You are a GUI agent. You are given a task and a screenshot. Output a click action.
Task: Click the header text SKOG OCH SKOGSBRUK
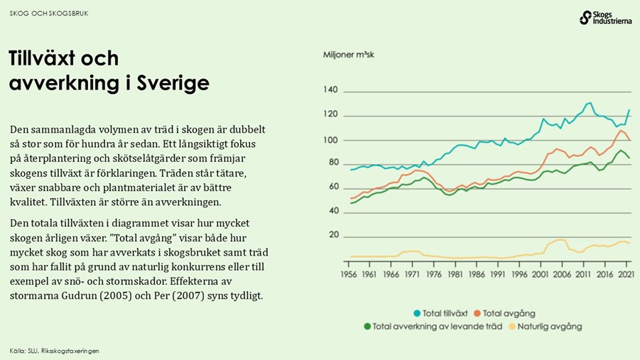click(x=49, y=13)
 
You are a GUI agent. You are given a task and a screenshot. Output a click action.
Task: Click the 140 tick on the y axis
click(x=330, y=90)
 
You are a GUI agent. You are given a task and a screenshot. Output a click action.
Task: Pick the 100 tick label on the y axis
click(x=330, y=140)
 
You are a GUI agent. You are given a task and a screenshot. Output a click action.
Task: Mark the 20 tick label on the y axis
click(x=332, y=236)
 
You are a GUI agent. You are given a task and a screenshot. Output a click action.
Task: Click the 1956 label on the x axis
click(x=349, y=274)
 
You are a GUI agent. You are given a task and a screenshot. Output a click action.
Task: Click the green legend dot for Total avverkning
click(x=367, y=327)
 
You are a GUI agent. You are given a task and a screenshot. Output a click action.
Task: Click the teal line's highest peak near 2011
click(x=589, y=103)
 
